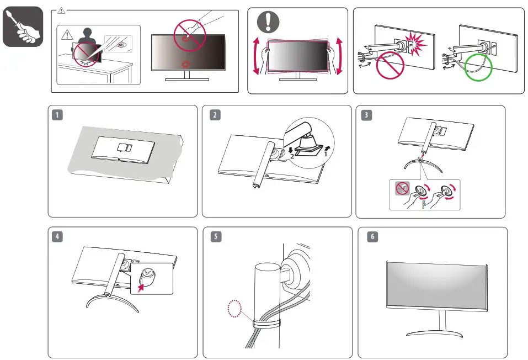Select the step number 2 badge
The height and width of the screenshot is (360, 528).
click(214, 115)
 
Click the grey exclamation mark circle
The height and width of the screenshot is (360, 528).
click(268, 23)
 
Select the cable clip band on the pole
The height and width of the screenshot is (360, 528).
click(264, 321)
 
